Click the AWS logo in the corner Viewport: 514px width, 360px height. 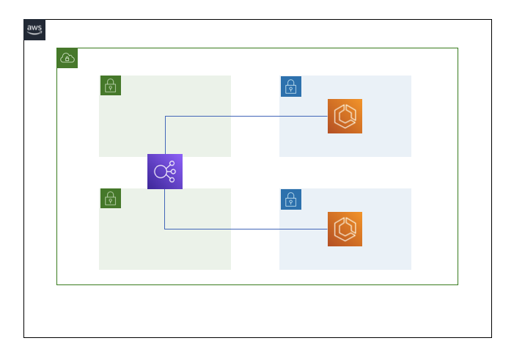tap(34, 30)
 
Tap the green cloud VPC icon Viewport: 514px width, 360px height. tap(67, 58)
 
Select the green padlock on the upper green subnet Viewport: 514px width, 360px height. tap(110, 86)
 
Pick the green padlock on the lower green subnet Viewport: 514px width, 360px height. tap(110, 199)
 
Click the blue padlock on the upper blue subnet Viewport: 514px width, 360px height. tap(290, 86)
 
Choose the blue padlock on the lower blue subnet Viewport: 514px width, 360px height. tap(290, 199)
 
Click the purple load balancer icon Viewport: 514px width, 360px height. tap(164, 172)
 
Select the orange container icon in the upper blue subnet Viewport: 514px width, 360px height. tap(345, 116)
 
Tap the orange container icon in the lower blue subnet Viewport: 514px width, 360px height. tap(345, 229)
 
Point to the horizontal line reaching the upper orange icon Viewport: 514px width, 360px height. tap(246, 116)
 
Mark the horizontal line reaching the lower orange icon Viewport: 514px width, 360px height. tap(246, 229)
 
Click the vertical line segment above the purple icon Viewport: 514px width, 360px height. tap(165, 135)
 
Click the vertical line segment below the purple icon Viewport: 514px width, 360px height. tap(164, 209)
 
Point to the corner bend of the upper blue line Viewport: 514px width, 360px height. tap(165, 116)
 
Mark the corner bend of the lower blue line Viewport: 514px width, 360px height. tap(164, 229)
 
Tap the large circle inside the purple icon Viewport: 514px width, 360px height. tap(160, 172)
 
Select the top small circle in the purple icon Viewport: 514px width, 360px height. tap(172, 164)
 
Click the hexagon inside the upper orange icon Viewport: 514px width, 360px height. tap(344, 116)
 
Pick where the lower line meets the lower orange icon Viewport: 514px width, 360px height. tap(328, 229)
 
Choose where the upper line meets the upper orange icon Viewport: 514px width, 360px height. tap(328, 116)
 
